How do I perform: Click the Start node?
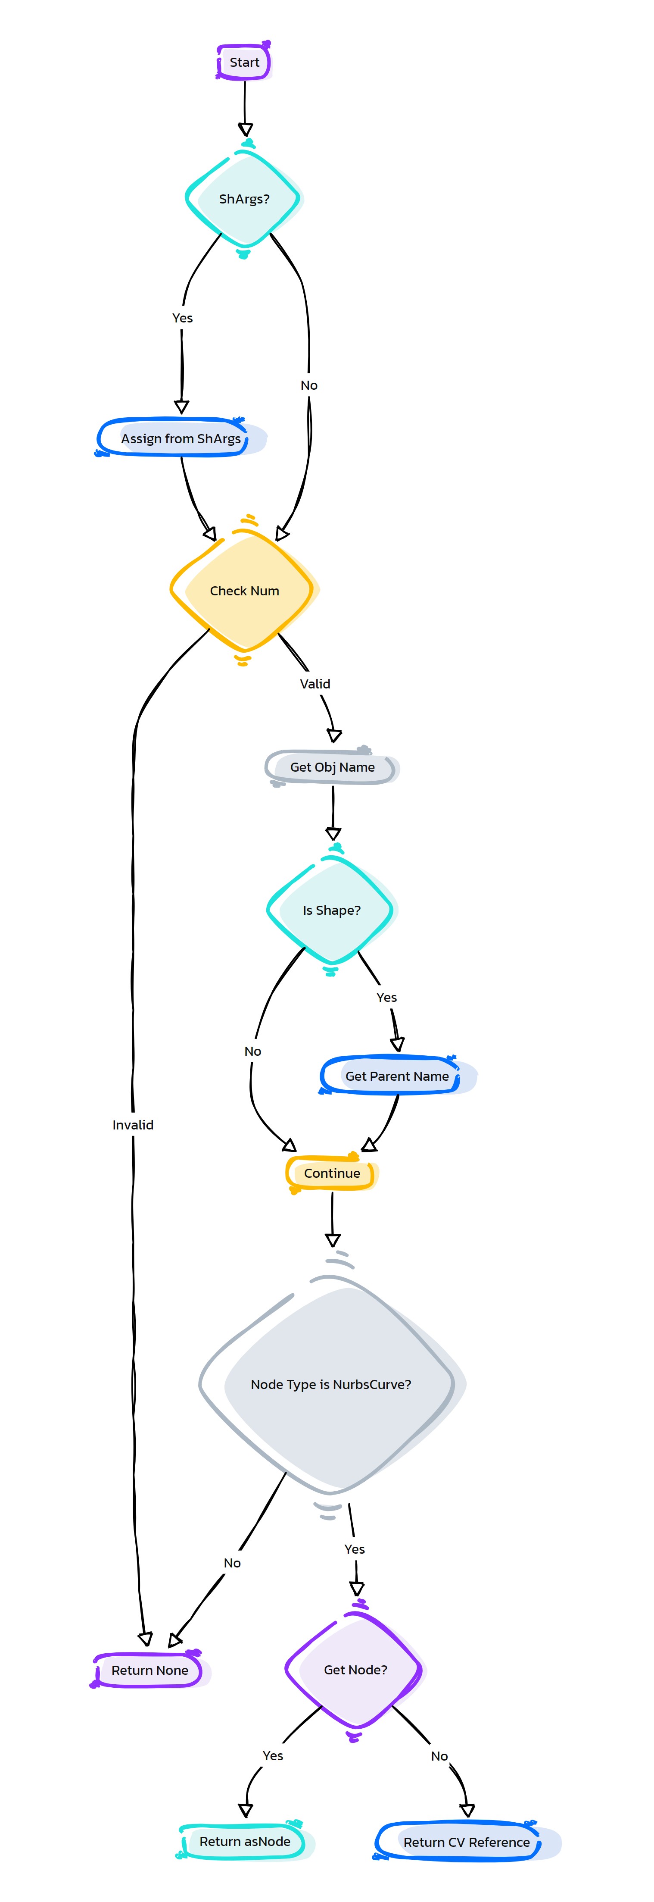[244, 62]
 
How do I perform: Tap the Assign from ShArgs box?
[181, 438]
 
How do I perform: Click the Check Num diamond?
[244, 591]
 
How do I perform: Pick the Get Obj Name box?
[332, 767]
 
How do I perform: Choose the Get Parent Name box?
[398, 1076]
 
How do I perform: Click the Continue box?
[332, 1173]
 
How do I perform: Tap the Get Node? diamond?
[355, 1669]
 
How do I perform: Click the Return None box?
[150, 1670]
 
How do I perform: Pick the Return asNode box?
[245, 1842]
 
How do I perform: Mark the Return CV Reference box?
[467, 1842]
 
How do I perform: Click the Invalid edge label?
[133, 1124]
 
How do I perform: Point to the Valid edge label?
[315, 684]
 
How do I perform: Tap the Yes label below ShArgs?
[182, 317]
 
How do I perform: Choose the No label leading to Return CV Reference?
[439, 1756]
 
